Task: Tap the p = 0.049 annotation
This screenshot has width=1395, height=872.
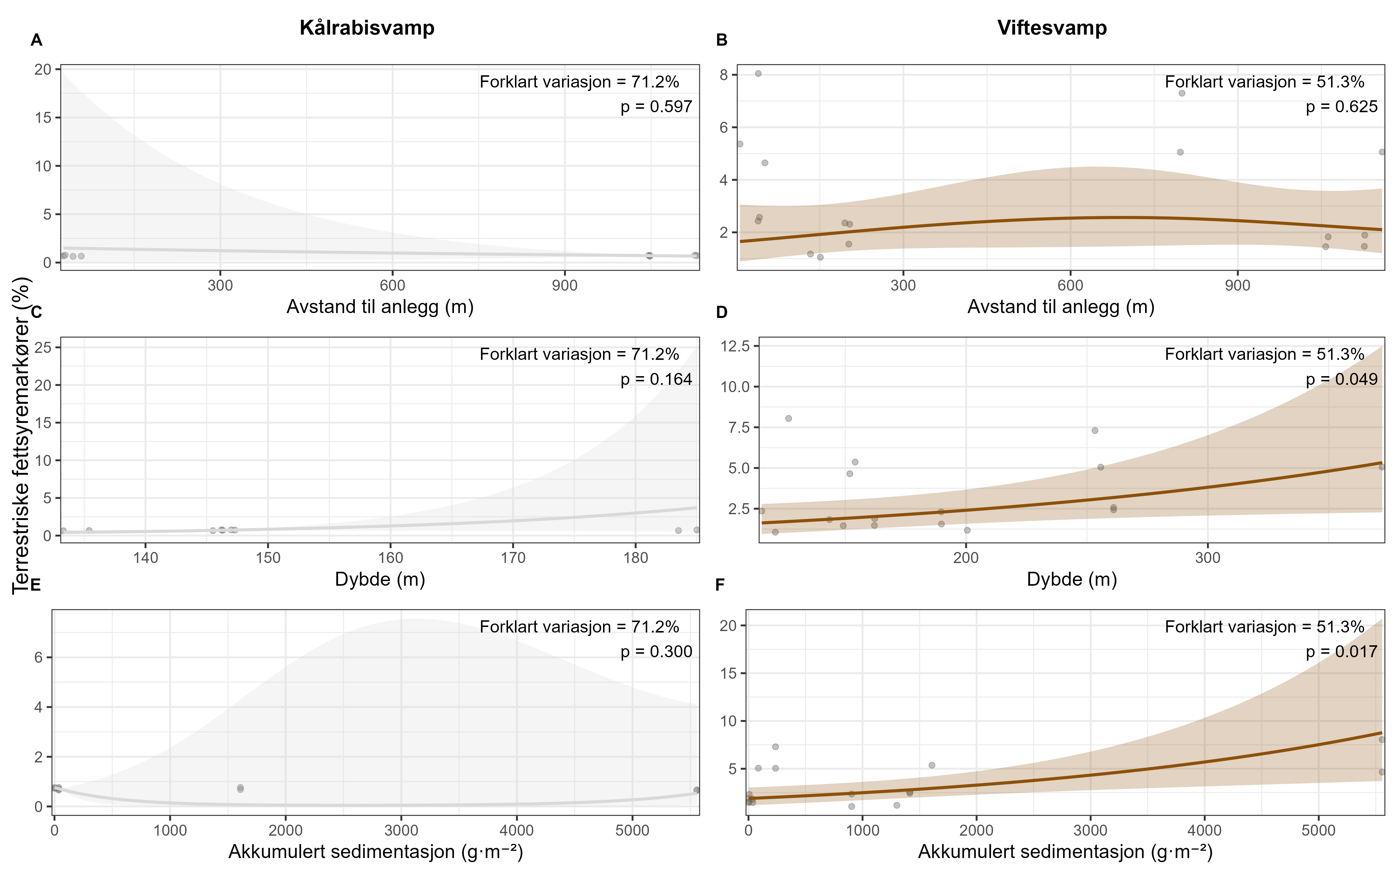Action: tap(1342, 380)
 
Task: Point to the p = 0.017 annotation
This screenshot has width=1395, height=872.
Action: tap(1342, 652)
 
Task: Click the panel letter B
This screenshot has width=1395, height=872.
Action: tap(722, 40)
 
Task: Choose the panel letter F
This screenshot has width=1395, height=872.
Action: tap(720, 585)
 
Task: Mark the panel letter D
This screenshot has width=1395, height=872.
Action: tap(722, 312)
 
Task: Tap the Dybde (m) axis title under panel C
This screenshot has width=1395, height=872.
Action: tap(380, 579)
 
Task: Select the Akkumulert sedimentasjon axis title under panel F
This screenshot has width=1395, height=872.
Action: tap(1065, 851)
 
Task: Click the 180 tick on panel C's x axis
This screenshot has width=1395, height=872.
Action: tap(636, 558)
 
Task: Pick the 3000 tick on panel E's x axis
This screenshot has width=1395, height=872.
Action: tap(401, 830)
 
